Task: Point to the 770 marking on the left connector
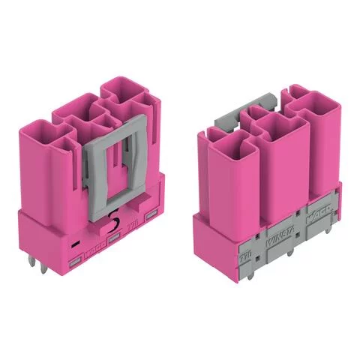click(133, 223)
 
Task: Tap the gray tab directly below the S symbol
click(114, 239)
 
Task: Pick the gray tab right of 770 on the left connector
click(151, 216)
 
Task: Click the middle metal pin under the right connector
click(289, 255)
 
